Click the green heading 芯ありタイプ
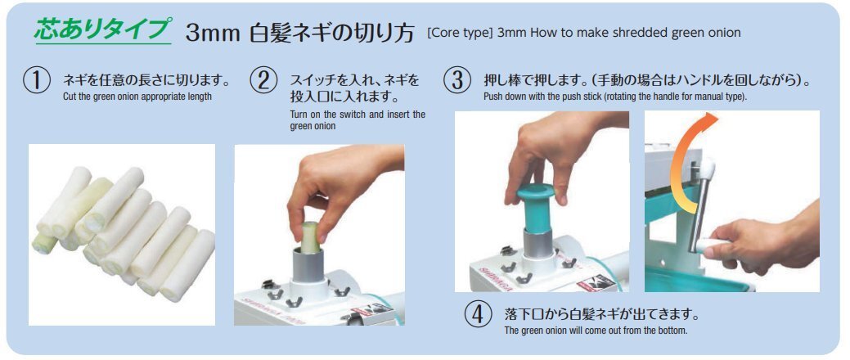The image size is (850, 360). coord(103,29)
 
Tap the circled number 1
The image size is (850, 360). coord(37,80)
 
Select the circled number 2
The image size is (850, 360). coord(263,80)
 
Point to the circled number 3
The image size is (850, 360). coord(457,80)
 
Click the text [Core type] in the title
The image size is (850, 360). coord(460,33)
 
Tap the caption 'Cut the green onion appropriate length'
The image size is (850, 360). coord(137,97)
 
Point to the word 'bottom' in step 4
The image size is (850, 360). coord(672,331)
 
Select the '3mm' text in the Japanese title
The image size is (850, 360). coord(213,34)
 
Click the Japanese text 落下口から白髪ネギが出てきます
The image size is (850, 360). coord(602,314)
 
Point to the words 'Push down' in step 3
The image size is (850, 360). coord(502,97)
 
